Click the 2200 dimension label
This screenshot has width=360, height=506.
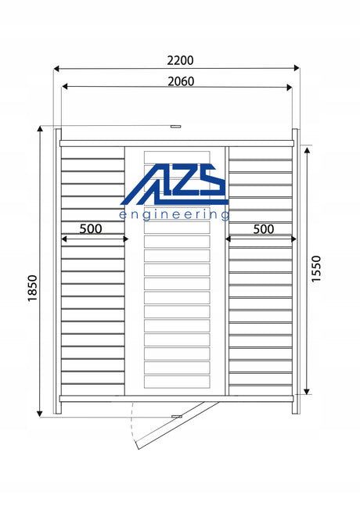[x=180, y=60]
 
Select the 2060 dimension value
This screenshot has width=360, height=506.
[x=181, y=81]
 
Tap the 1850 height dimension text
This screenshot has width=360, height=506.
[x=33, y=288]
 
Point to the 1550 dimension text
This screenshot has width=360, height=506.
[x=316, y=269]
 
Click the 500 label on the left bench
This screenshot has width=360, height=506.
[x=91, y=228]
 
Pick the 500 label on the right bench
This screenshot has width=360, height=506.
[x=264, y=229]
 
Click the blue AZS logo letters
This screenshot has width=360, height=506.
[x=175, y=185]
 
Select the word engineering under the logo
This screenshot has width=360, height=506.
[x=175, y=215]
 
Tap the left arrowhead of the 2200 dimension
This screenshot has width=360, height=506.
[x=56, y=68]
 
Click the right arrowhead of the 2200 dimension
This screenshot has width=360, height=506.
[x=297, y=68]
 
